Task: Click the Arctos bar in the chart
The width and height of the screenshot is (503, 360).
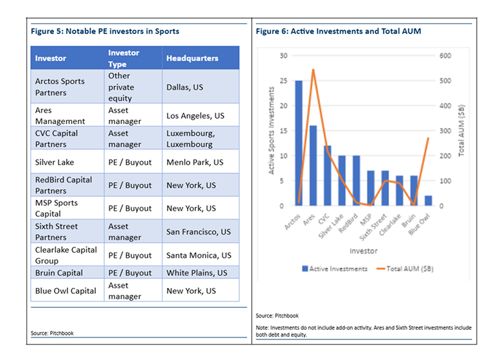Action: [299, 143]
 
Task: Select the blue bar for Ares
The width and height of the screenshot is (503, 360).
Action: [313, 166]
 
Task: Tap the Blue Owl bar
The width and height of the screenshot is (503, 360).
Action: [428, 201]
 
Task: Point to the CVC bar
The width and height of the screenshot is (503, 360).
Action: [328, 175]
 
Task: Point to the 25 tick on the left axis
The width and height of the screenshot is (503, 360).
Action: [283, 81]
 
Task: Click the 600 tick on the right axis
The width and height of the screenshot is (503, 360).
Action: [445, 56]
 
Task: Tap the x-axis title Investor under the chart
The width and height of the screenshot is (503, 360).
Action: [364, 251]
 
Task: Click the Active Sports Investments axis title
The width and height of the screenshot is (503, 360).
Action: [272, 131]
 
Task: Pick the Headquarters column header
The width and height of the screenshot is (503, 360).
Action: [192, 59]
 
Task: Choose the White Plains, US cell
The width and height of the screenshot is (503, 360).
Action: [197, 273]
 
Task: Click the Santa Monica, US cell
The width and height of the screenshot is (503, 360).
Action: [199, 255]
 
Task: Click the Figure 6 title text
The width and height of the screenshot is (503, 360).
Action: [339, 31]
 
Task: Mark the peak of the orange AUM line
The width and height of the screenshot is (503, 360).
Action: [313, 69]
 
